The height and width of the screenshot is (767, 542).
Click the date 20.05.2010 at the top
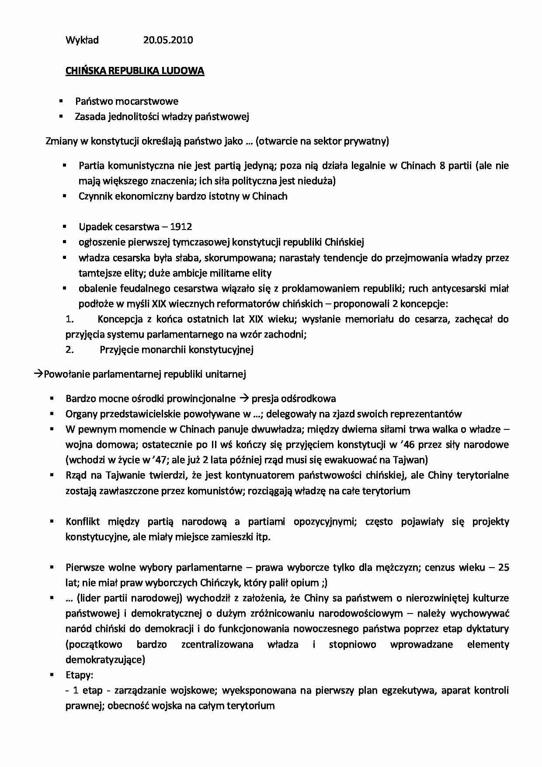pos(168,40)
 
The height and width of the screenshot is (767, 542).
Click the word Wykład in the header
pos(82,40)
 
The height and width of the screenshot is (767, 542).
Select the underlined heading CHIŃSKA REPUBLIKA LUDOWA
pos(135,71)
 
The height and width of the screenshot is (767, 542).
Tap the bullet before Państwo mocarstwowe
pos(61,101)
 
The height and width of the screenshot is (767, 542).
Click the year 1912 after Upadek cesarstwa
pos(181,227)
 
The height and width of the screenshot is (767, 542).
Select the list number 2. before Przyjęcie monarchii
pos(69,350)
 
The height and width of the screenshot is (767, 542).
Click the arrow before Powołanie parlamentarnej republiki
pos(38,374)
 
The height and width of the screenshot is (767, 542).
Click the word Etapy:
pos(79,675)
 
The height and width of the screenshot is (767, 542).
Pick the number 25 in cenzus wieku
pos(504,568)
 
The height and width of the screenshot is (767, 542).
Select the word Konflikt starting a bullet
pos(83,522)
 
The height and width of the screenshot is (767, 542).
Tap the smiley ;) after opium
pos(323,583)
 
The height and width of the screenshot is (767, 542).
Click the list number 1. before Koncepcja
pos(69,319)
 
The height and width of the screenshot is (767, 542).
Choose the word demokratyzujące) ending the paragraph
pos(105,660)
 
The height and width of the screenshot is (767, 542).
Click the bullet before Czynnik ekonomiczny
pos(64,196)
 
